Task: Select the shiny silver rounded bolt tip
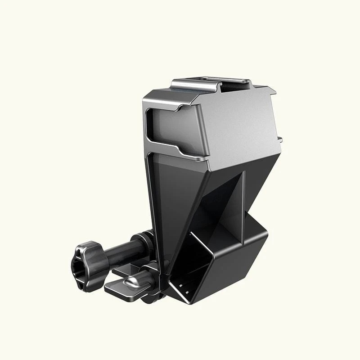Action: click(132, 282)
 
